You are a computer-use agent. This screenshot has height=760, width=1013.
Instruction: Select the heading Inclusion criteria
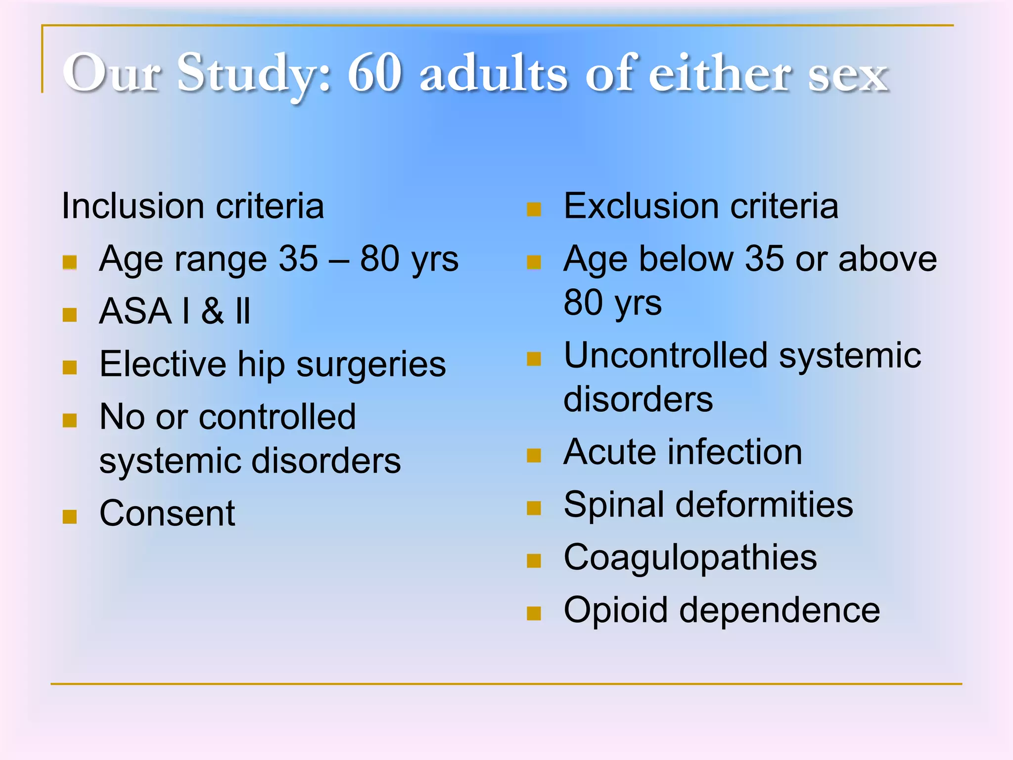click(x=193, y=206)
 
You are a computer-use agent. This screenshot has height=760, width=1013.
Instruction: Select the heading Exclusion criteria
click(x=701, y=206)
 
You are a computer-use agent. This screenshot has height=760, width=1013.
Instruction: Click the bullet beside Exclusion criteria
click(x=534, y=209)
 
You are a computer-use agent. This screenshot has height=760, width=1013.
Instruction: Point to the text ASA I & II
click(x=175, y=311)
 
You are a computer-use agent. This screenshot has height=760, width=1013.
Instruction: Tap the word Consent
click(x=167, y=513)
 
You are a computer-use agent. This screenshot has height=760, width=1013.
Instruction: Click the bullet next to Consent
click(x=70, y=517)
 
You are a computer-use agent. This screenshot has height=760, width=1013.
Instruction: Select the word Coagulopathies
click(x=690, y=557)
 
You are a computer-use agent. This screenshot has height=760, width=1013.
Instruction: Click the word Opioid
click(x=616, y=610)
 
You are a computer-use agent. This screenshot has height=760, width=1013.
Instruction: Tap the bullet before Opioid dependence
click(x=534, y=614)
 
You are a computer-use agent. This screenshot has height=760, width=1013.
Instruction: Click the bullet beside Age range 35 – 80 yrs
click(x=70, y=262)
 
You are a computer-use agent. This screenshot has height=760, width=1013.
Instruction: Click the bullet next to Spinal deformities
click(x=534, y=508)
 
